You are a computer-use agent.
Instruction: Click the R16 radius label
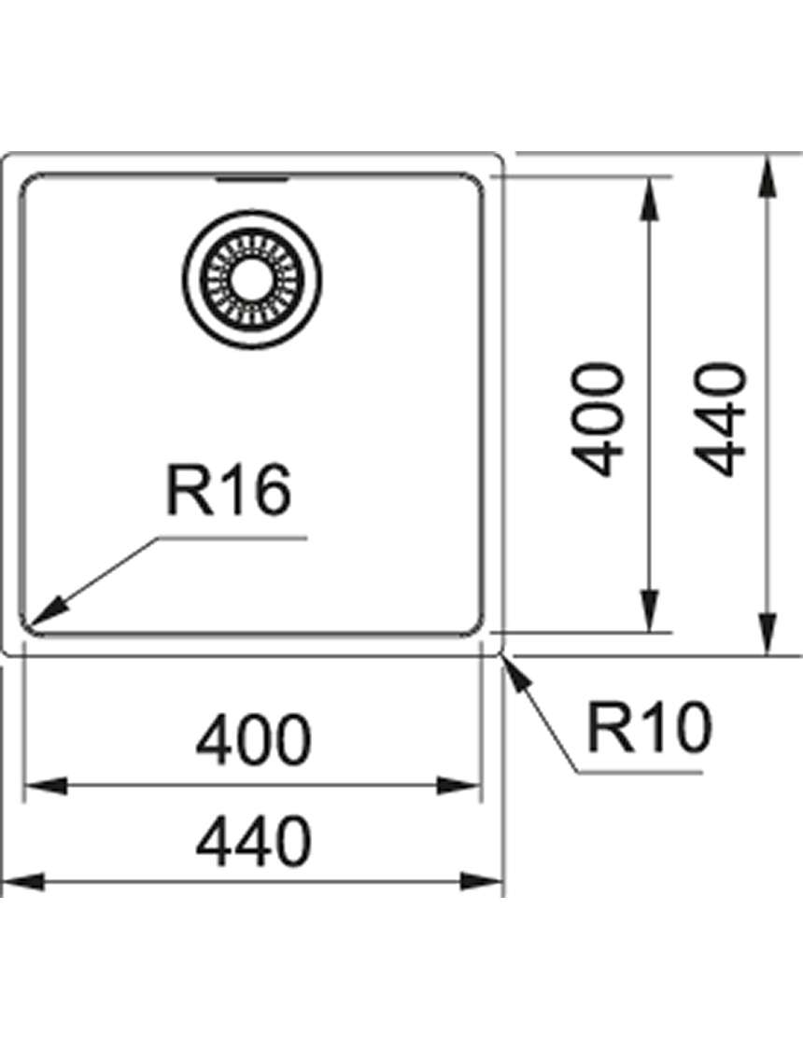pyautogui.click(x=229, y=492)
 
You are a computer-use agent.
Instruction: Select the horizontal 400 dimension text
pyautogui.click(x=254, y=740)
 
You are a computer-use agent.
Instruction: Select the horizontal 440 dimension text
pyautogui.click(x=254, y=840)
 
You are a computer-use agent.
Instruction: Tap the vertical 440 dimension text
pyautogui.click(x=719, y=419)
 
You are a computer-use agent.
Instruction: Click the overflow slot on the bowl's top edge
pyautogui.click(x=251, y=179)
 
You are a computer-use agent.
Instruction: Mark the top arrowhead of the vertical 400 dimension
pyautogui.click(x=648, y=199)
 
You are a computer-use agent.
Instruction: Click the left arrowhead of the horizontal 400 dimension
pyautogui.click(x=46, y=786)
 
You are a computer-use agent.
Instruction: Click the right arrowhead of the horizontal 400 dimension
pyautogui.click(x=459, y=786)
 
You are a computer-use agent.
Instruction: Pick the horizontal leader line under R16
pyautogui.click(x=231, y=537)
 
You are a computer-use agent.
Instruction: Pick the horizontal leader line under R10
pyautogui.click(x=641, y=772)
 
